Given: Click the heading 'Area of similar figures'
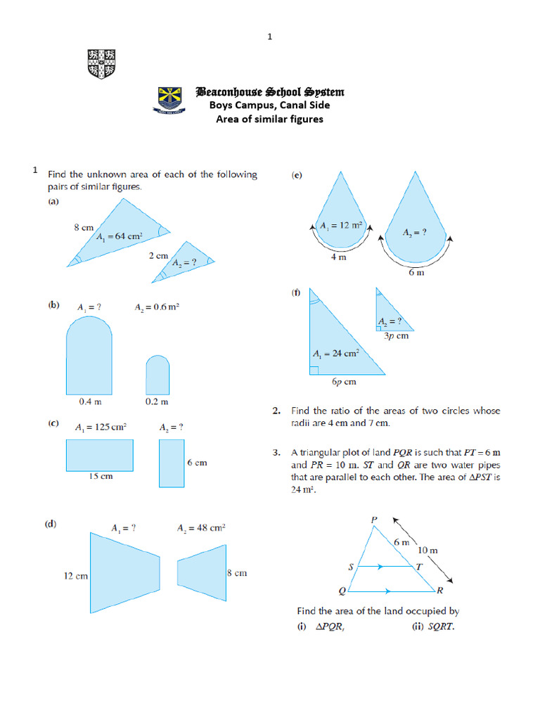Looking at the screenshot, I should coord(269,119).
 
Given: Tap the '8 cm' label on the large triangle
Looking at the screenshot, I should coord(84,227).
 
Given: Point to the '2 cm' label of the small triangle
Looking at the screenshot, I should coord(158,256).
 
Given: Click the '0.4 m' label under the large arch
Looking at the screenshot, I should coord(89,401).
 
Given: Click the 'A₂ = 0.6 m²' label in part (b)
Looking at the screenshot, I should coord(158,307).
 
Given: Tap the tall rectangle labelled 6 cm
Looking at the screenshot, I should coord(171,463).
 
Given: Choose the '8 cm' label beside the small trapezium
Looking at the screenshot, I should coord(236,573).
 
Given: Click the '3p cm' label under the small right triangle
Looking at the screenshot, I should coord(396,336).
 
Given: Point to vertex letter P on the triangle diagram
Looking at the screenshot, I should coord(373,520).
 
